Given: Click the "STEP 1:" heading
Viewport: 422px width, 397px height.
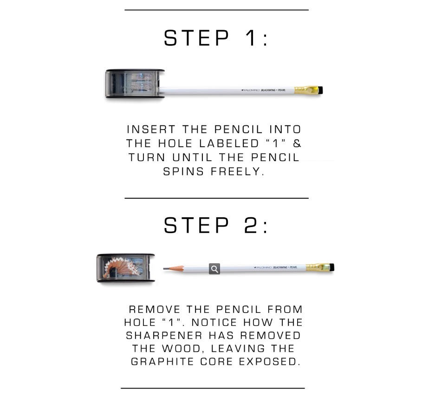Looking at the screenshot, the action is tap(215, 38).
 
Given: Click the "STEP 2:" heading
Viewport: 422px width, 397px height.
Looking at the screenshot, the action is tap(215, 225).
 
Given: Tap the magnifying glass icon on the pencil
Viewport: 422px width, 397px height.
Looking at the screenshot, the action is tap(214, 269).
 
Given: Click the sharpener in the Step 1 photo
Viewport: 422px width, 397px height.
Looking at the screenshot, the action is tap(135, 84).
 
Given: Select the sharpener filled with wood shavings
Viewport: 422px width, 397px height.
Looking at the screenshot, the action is tap(126, 268).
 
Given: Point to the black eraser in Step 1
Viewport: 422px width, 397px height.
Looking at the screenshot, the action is tap(320, 90).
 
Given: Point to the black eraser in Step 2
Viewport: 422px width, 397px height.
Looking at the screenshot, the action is tap(332, 267).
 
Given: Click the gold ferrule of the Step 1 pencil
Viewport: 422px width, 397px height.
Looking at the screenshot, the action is tap(306, 90).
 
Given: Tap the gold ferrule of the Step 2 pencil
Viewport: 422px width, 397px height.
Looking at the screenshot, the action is tap(318, 267).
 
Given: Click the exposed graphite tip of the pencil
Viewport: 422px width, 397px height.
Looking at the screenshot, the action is tap(166, 268).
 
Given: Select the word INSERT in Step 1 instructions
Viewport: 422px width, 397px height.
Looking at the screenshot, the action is tap(151, 130).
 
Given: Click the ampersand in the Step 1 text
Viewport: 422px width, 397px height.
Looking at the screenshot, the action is tap(297, 143).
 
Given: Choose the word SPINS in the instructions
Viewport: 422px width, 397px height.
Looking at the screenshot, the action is tap(183, 171).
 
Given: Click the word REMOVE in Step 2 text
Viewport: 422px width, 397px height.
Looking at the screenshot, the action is tap(155, 310).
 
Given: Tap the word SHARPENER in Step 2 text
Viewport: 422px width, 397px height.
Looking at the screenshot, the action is tap(164, 336).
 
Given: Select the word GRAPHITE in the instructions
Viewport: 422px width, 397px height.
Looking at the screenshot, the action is tap(162, 361).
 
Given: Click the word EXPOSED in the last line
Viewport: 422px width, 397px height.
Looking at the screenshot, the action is tap(270, 361).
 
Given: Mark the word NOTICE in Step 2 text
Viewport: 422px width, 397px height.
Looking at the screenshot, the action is tap(214, 322).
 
